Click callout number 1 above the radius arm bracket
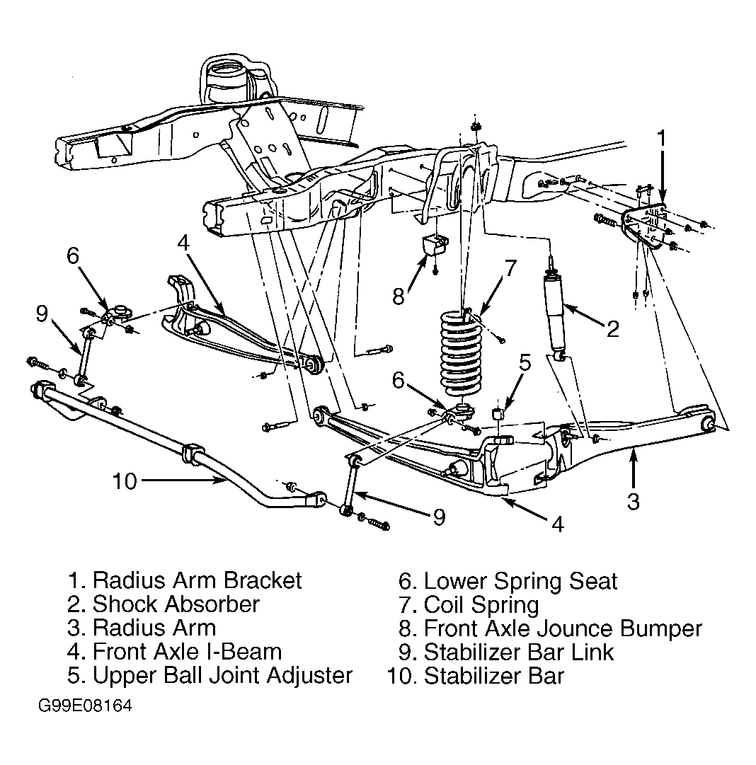click(660, 138)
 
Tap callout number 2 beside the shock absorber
click(612, 329)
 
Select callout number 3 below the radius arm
click(633, 501)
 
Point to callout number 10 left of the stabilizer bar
click(125, 481)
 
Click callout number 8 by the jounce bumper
click(399, 296)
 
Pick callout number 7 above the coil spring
click(510, 268)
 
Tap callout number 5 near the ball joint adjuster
click(525, 362)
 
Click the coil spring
click(461, 352)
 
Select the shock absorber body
click(554, 315)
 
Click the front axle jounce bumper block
click(435, 244)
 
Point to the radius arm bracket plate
click(644, 226)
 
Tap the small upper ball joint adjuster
click(498, 414)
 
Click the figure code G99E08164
click(85, 706)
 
